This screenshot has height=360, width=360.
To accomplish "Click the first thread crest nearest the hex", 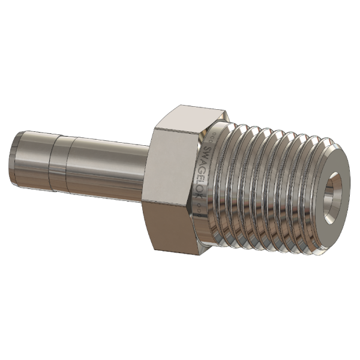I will point(231,180).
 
